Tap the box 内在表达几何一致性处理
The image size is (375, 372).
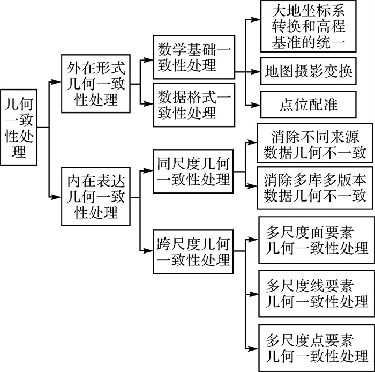(96, 196)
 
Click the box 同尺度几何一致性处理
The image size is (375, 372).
(193, 170)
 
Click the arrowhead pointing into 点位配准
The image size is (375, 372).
(257, 104)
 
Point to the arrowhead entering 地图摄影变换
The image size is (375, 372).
(257, 72)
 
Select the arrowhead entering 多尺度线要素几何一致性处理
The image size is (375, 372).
(254, 294)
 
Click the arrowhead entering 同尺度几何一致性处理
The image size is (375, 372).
(149, 172)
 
